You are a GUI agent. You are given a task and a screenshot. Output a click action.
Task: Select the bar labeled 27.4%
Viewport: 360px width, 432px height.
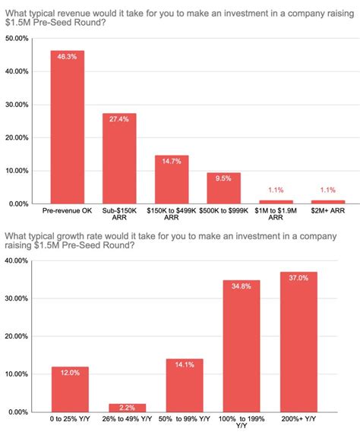(119, 159)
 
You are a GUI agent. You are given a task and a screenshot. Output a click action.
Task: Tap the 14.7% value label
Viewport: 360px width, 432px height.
(172, 162)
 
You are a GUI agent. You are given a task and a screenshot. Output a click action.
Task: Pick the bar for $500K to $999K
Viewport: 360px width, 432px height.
(223, 188)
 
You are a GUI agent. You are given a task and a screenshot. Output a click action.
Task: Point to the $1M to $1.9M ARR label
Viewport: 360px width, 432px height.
(276, 213)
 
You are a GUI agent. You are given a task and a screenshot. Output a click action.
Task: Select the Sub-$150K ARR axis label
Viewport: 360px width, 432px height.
(119, 213)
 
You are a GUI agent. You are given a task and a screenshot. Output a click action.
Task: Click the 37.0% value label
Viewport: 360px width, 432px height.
(298, 278)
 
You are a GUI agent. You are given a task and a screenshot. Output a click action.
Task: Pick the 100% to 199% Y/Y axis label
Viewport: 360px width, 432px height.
(242, 422)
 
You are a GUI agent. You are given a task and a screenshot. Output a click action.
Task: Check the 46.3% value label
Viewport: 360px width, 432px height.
(68, 57)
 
